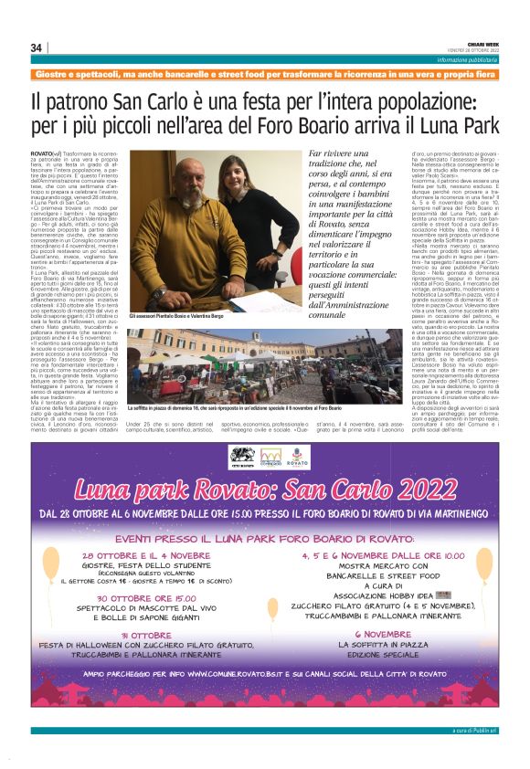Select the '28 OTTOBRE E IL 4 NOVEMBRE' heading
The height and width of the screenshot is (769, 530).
pos(146,554)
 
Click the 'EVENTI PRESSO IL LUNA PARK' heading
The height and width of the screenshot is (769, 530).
pos(265,539)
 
